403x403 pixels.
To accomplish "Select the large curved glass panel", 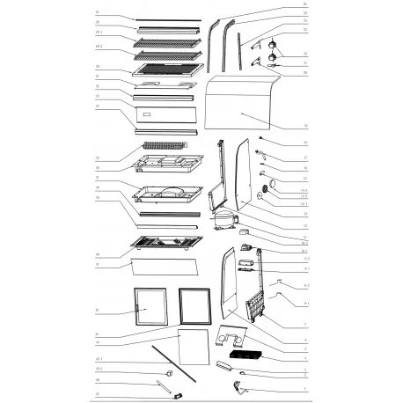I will tap(242, 110).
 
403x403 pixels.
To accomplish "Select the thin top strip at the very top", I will tap(160, 19).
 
